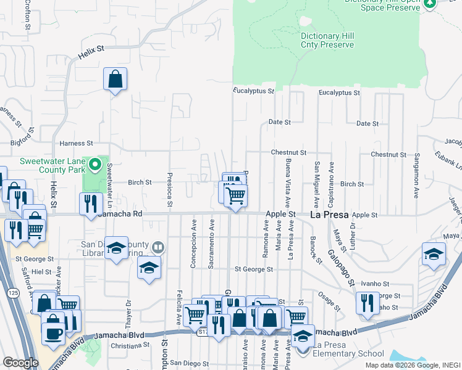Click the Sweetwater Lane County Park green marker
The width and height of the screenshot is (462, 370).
(x=94, y=165)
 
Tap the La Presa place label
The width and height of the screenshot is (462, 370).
(x=329, y=215)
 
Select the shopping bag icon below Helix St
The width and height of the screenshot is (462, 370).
(x=115, y=79)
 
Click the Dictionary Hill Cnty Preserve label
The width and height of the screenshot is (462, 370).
(x=327, y=40)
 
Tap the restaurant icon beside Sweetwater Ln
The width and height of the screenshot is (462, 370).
(x=91, y=203)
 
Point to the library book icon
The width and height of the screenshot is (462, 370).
(x=158, y=248)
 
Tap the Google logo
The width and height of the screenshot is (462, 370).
(x=21, y=363)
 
